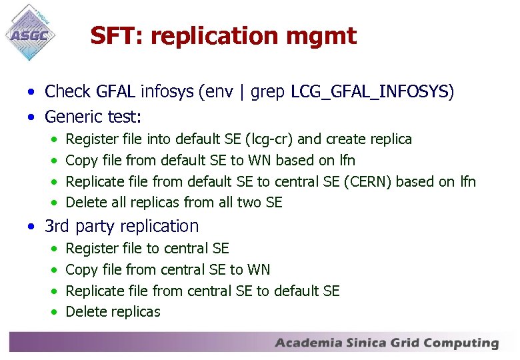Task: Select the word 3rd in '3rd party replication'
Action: click(x=57, y=226)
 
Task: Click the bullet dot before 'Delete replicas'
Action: click(x=53, y=312)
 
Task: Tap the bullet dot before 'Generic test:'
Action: click(x=31, y=118)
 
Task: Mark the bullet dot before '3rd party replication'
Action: click(x=31, y=227)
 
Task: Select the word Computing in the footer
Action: click(x=461, y=344)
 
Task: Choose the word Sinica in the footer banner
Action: click(x=369, y=343)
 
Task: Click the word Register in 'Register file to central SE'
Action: click(x=92, y=249)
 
